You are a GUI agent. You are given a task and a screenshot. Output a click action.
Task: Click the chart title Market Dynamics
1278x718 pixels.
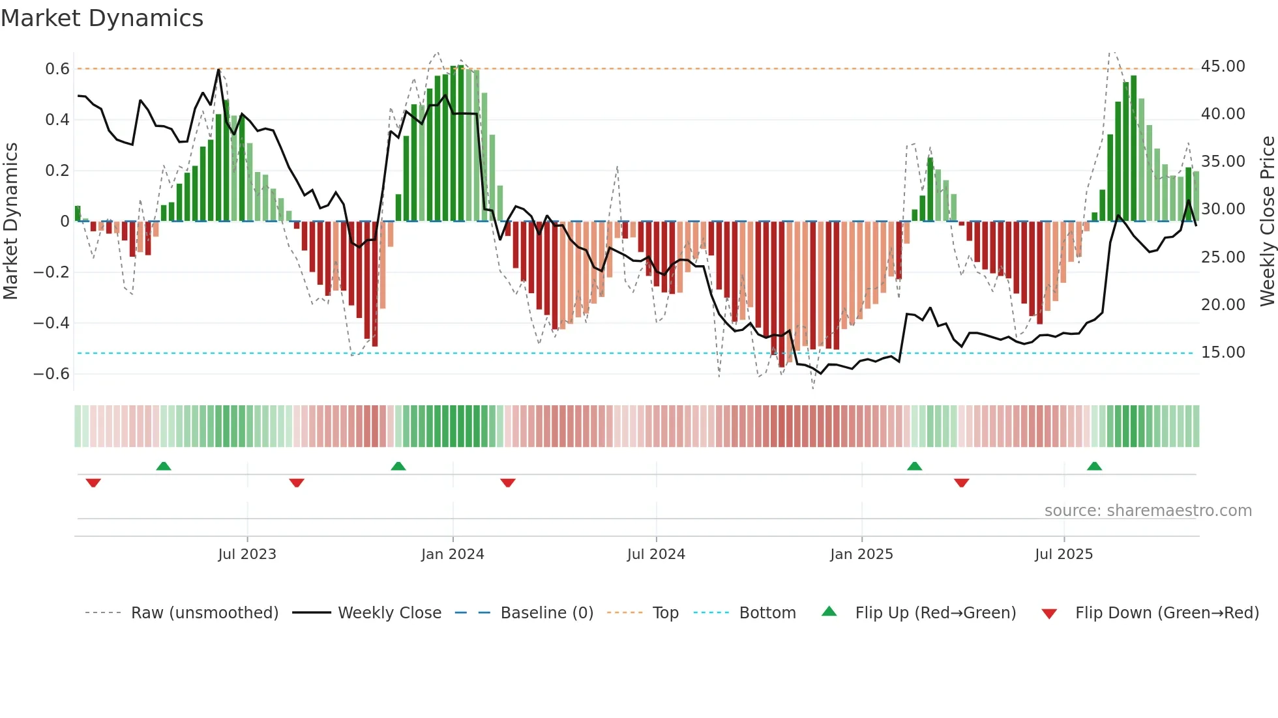[x=102, y=18]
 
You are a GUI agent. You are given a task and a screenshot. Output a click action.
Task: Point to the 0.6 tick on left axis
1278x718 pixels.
[x=57, y=69]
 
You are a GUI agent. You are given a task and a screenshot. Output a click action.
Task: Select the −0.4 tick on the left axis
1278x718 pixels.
[x=51, y=323]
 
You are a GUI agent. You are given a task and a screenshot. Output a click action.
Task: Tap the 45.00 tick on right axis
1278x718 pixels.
[x=1223, y=66]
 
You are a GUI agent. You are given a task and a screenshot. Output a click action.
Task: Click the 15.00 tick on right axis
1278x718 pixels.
[x=1223, y=352]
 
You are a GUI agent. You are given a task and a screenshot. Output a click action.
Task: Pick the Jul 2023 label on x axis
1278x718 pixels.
[x=247, y=554]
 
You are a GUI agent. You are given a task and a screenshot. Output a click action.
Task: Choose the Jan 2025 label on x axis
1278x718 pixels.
[x=861, y=554]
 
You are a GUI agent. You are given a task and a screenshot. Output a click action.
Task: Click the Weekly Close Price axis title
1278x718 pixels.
[x=1267, y=221]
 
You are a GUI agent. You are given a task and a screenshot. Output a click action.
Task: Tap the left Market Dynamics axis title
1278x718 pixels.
[x=10, y=221]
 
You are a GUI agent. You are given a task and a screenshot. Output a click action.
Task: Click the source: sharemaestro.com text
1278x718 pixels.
[x=1148, y=511]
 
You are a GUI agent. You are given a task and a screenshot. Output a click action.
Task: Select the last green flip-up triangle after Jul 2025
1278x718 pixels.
[x=1094, y=466]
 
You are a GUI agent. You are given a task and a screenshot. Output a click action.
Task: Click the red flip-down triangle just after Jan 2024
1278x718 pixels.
[x=508, y=483]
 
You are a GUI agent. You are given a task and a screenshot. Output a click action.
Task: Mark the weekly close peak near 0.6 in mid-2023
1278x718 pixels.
[x=218, y=69]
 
